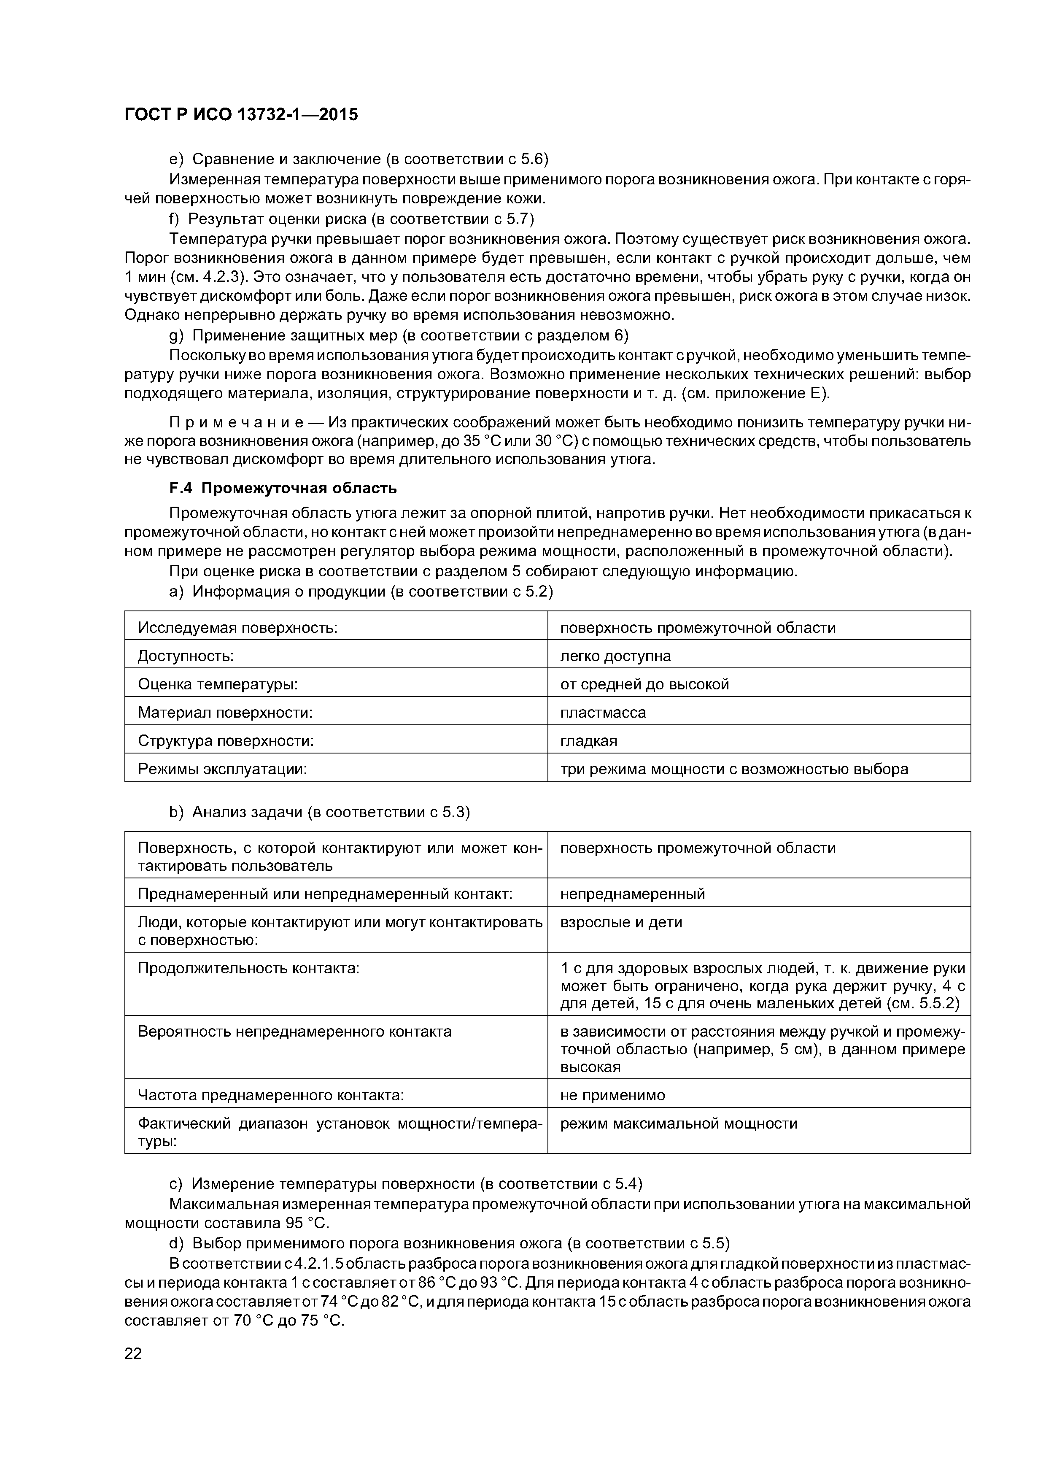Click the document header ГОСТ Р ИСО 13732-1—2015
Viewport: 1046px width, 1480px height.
coord(240,115)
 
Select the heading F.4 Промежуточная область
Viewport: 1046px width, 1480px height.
coord(283,489)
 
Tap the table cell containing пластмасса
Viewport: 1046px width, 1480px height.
coord(603,712)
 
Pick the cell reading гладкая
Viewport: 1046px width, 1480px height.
coord(588,741)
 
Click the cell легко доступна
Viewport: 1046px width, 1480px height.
coord(615,656)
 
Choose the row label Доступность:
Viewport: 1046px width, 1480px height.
coord(186,656)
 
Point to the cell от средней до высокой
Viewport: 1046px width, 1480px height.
coord(644,684)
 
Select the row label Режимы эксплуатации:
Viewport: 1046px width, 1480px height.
coord(222,769)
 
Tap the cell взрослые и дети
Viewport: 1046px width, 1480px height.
coord(620,922)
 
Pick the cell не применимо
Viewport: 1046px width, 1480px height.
coord(612,1094)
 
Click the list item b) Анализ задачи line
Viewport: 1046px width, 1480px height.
coord(319,812)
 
